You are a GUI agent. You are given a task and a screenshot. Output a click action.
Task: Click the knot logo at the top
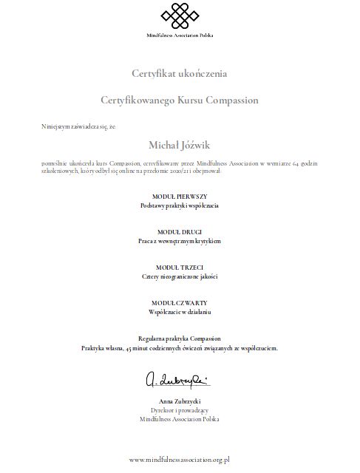pos(180,16)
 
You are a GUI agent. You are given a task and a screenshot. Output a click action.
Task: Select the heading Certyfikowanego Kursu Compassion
pos(180,98)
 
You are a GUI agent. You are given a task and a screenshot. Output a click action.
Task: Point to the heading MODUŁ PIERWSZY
pos(180,195)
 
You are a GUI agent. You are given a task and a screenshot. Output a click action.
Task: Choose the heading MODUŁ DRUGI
pos(180,231)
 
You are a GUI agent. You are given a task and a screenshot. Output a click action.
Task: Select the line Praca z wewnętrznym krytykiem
pos(180,241)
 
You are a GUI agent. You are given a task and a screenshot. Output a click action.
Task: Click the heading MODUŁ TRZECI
pos(180,267)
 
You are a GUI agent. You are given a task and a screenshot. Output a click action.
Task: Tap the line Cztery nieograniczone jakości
pos(180,276)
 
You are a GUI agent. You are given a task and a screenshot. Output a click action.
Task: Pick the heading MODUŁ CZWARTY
pos(180,303)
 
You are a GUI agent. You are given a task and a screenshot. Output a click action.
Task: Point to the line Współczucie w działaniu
pos(180,313)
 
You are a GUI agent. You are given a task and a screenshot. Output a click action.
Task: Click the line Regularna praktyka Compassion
pos(180,338)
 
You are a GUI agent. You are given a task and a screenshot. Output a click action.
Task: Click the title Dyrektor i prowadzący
pos(180,409)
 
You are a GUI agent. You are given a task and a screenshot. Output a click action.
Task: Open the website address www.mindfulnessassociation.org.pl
pos(180,459)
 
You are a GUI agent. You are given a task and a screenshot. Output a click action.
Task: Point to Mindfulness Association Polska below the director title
pos(180,418)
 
